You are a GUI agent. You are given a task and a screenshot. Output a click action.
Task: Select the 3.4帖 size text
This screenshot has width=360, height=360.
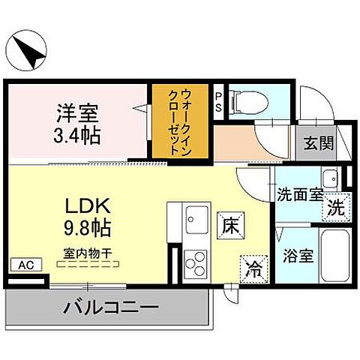pyautogui.click(x=76, y=136)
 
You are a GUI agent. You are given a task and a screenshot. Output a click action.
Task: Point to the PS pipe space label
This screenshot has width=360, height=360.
pyautogui.click(x=218, y=100)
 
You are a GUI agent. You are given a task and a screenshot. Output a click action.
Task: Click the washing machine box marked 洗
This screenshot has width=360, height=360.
pyautogui.click(x=337, y=208)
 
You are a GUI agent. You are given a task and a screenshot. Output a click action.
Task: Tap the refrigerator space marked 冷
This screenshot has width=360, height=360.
pyautogui.click(x=253, y=266)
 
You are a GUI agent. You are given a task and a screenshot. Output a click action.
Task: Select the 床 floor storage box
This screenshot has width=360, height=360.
pyautogui.click(x=229, y=223)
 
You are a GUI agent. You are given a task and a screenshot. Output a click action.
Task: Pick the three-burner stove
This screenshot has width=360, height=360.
pyautogui.click(x=195, y=262)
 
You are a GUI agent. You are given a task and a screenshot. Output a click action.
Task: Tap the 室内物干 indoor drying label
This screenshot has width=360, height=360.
pyautogui.click(x=88, y=254)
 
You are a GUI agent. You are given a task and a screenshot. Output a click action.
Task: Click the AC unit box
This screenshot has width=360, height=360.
pyautogui.click(x=25, y=265)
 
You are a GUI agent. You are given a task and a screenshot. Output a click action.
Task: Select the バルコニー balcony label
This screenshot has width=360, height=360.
pyautogui.click(x=110, y=307)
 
